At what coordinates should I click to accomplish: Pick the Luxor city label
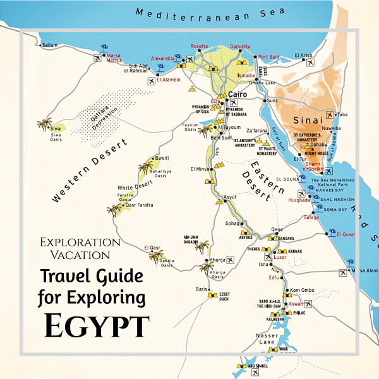click(x=280, y=258)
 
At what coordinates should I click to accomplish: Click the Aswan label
click(x=296, y=304)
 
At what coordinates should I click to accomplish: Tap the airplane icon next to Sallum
click(x=97, y=58)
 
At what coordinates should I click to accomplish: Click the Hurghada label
click(x=298, y=200)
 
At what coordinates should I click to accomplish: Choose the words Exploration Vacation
click(x=80, y=248)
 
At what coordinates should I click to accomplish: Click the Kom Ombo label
click(x=302, y=290)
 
